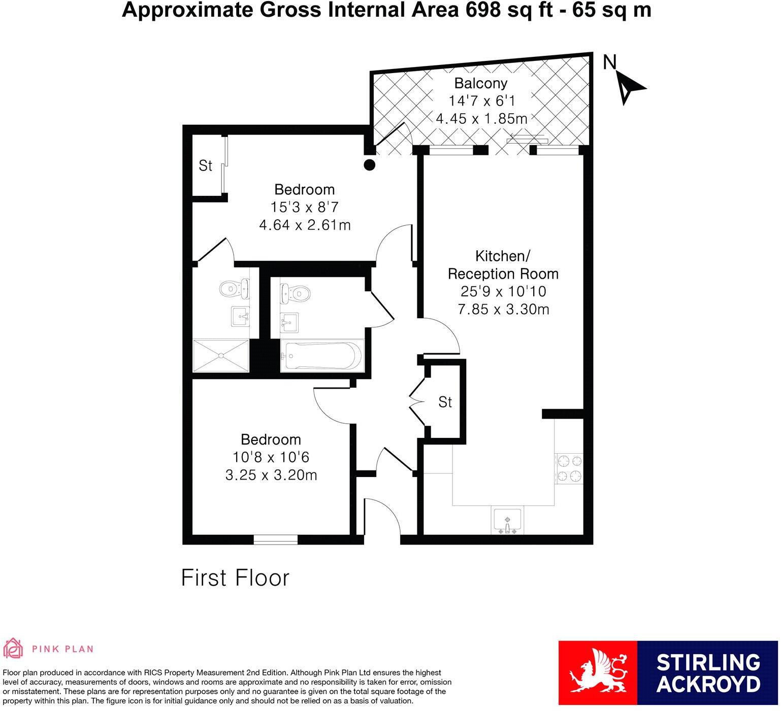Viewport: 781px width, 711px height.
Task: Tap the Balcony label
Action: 480,83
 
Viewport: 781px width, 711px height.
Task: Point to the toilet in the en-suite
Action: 234,289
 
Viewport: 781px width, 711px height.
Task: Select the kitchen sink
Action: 507,521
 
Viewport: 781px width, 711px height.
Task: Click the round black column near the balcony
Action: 370,164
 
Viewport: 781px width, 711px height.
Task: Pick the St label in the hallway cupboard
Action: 445,402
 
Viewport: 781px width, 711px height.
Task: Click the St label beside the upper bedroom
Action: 205,165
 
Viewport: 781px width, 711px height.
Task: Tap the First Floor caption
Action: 235,578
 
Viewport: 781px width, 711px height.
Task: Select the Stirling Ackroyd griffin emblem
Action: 597,673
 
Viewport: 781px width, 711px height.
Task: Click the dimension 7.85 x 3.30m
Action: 503,309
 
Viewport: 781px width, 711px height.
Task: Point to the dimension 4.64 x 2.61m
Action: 305,224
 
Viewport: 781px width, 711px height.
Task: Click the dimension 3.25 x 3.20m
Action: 271,475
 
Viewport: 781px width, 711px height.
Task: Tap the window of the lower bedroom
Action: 276,540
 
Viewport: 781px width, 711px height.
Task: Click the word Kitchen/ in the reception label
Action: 503,256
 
